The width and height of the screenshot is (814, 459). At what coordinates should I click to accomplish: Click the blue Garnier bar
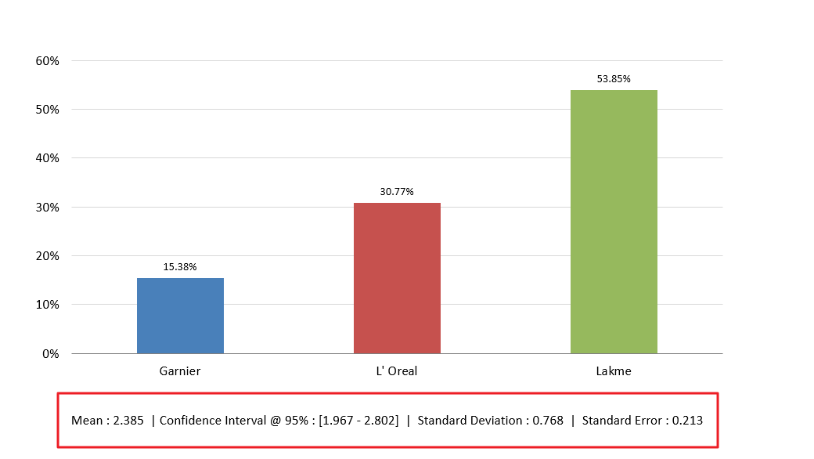180,316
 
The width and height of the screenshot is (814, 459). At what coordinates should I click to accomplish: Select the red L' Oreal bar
397,278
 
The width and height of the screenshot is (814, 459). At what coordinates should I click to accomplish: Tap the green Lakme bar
614,222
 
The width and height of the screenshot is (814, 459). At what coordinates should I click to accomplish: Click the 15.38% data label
180,267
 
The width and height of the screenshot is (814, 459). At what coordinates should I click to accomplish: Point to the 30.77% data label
397,192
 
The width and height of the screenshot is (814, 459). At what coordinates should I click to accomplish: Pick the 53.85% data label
614,79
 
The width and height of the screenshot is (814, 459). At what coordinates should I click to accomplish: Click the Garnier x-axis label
180,371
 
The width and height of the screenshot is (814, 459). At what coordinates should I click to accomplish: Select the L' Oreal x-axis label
397,371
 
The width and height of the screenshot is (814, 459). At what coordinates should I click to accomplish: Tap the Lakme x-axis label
614,371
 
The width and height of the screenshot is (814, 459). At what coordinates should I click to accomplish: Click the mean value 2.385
128,421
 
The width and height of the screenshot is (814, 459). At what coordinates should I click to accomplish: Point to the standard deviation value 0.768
548,421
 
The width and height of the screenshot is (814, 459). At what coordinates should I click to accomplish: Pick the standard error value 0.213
686,421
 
